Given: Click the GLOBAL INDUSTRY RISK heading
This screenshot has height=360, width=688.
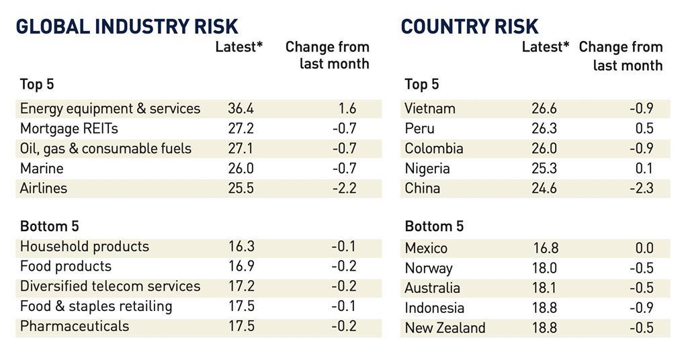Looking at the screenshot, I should (127, 26).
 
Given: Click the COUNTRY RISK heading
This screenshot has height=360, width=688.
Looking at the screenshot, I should (470, 26).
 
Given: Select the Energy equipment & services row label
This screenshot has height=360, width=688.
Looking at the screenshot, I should (110, 109).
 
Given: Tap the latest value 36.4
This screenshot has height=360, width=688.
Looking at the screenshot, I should (241, 109).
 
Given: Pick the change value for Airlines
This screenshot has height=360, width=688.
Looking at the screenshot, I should (344, 188).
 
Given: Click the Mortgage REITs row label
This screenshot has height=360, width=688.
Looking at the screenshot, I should (69, 128).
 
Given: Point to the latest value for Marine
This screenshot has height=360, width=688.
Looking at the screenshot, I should (241, 169).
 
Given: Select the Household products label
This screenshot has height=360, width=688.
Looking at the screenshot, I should (85, 246).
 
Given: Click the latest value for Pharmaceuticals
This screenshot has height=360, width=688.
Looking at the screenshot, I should (241, 326).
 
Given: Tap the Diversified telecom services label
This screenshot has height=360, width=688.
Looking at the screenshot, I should (110, 286).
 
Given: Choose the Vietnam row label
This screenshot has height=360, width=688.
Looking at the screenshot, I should (430, 109).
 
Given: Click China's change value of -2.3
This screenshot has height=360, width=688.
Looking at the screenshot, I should (641, 188).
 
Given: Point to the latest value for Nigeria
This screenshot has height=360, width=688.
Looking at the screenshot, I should (544, 169).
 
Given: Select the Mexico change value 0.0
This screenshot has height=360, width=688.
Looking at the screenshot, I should (644, 249).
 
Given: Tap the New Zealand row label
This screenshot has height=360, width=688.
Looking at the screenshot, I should (445, 328).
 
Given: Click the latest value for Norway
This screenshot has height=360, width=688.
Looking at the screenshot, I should (544, 269).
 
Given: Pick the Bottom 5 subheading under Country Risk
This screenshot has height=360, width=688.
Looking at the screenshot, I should (434, 226).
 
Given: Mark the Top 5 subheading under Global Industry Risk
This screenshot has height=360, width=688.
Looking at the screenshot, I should (37, 85).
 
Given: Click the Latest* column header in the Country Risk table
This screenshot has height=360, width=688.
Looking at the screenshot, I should (546, 47).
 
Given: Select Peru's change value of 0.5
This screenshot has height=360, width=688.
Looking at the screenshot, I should (644, 128).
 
